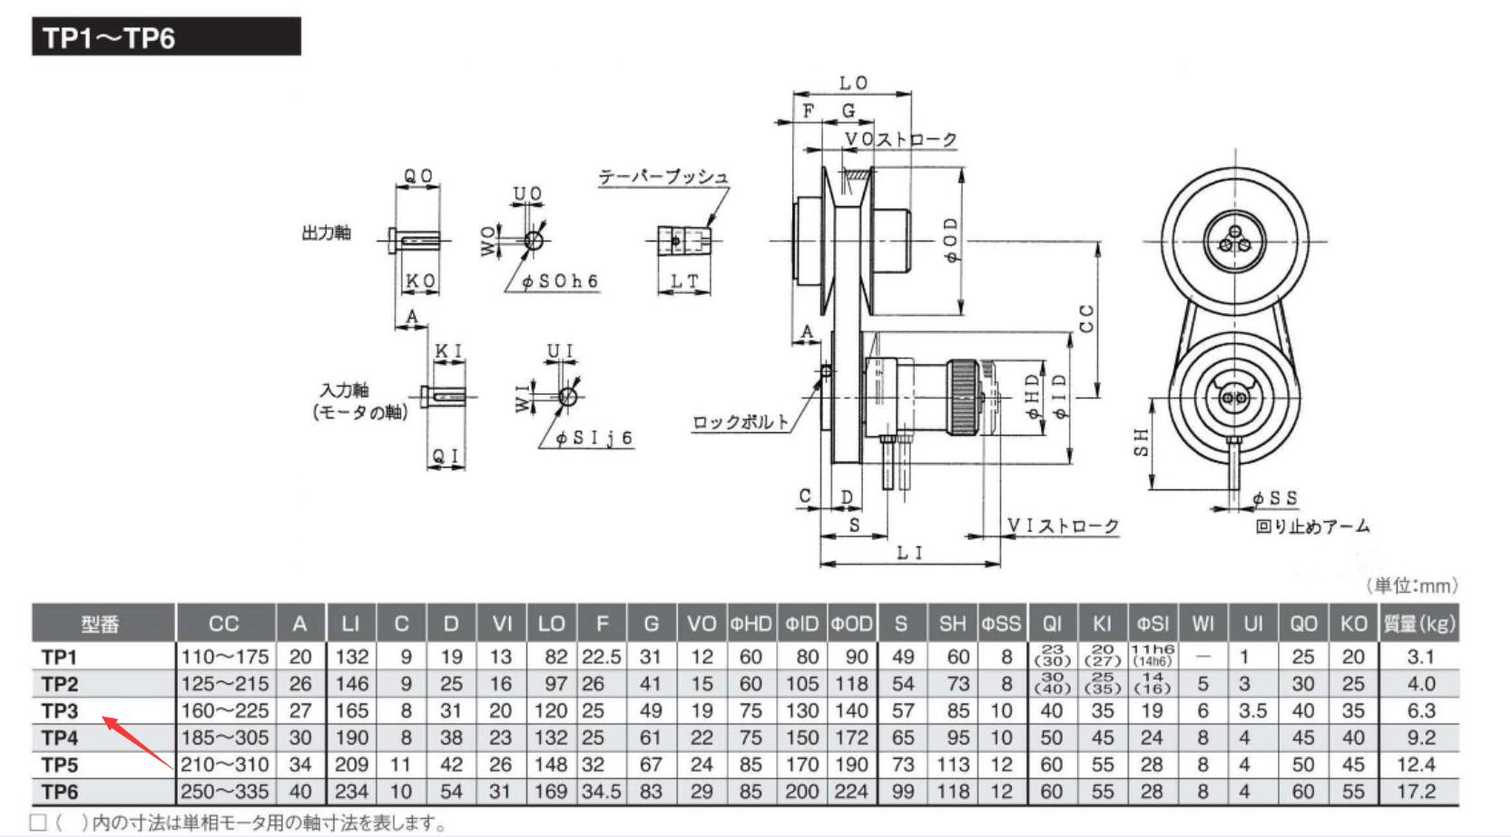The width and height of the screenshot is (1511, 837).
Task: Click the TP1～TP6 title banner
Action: (x=166, y=36)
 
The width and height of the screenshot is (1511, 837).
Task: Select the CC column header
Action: (x=224, y=623)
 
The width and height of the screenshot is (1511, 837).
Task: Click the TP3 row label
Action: (x=60, y=711)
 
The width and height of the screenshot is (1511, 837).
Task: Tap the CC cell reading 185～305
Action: (x=225, y=737)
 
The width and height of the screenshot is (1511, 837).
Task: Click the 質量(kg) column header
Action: (x=1419, y=623)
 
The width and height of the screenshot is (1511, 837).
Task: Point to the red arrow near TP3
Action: (x=138, y=743)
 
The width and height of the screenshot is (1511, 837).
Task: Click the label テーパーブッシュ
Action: (x=663, y=177)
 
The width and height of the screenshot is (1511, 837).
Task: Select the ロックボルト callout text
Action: (x=741, y=422)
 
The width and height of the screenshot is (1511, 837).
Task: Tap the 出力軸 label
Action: (x=326, y=233)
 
